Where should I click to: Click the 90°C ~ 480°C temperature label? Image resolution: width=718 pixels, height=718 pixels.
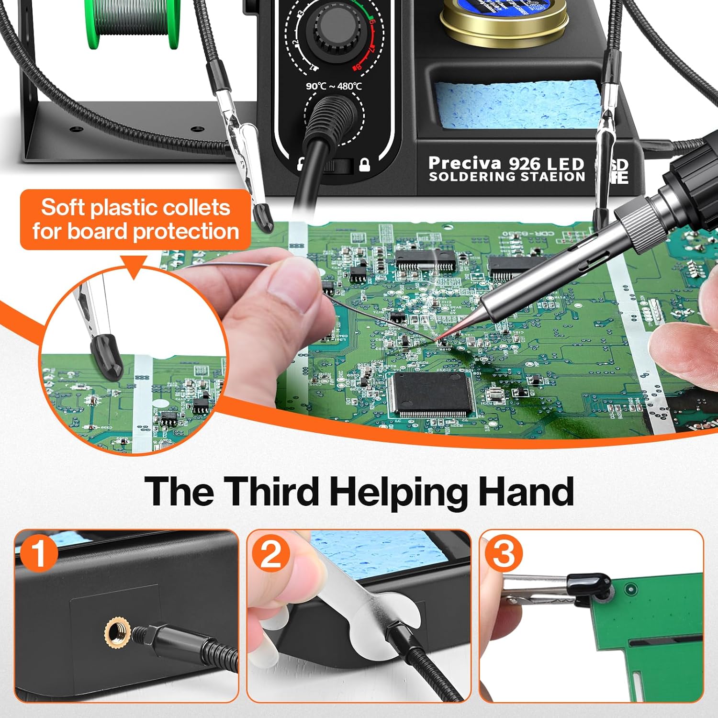[334, 86]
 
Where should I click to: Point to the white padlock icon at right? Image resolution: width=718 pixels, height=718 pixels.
[365, 166]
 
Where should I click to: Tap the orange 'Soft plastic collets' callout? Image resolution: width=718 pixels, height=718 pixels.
[135, 219]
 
